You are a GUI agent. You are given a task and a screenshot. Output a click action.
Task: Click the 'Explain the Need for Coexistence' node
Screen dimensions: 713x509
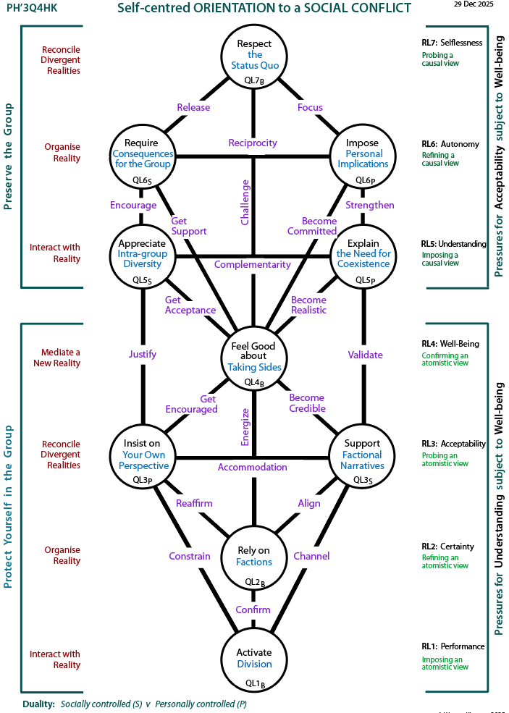coord(363,253)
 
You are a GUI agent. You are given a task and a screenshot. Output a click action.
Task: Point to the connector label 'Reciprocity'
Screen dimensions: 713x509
coord(253,143)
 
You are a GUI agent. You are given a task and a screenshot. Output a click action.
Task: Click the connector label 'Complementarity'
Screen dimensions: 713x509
coord(253,264)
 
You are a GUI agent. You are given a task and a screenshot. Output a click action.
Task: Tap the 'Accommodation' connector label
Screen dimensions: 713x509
coord(253,467)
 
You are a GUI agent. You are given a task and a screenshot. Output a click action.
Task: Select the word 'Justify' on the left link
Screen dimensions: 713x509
coord(143,355)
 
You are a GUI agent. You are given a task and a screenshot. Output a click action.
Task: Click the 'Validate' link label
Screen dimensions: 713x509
coord(365,355)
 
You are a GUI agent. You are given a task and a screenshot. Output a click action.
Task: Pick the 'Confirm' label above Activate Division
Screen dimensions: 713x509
coord(253,609)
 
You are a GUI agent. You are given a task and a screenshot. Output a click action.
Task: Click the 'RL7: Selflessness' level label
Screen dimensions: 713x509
coord(452,43)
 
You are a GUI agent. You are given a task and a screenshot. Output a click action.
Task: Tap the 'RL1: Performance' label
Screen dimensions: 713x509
coord(453,646)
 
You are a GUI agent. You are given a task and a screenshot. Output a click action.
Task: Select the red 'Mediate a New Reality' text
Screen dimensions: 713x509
coord(56,358)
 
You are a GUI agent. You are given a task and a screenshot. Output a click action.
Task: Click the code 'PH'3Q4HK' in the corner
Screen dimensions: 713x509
coord(33,9)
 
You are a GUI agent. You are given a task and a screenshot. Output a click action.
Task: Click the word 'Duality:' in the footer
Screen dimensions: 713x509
coord(38,704)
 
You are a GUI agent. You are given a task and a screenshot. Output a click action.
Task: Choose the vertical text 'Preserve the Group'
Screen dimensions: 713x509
coord(9,156)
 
